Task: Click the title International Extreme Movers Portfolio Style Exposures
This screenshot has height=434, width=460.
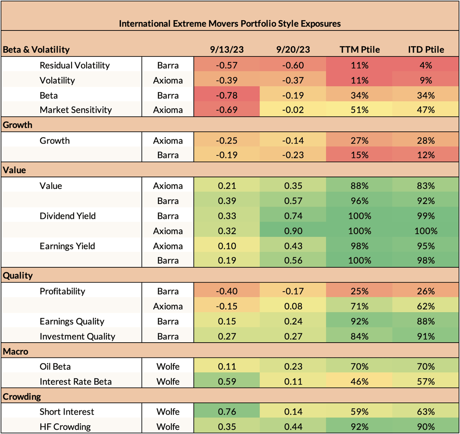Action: [x=230, y=24]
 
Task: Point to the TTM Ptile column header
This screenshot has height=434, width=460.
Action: [x=360, y=50]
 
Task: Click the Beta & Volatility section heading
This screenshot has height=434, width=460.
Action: [x=37, y=50]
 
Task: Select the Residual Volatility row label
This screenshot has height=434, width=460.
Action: [x=75, y=65]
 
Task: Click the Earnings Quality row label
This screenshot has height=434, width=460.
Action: [x=72, y=321]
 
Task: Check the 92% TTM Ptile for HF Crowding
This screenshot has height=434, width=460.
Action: [x=360, y=427]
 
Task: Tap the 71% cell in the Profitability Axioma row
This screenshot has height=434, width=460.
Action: [x=360, y=306]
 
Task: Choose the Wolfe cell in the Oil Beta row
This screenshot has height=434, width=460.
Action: [x=168, y=367]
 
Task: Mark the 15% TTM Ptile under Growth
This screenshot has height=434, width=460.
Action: [x=360, y=155]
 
